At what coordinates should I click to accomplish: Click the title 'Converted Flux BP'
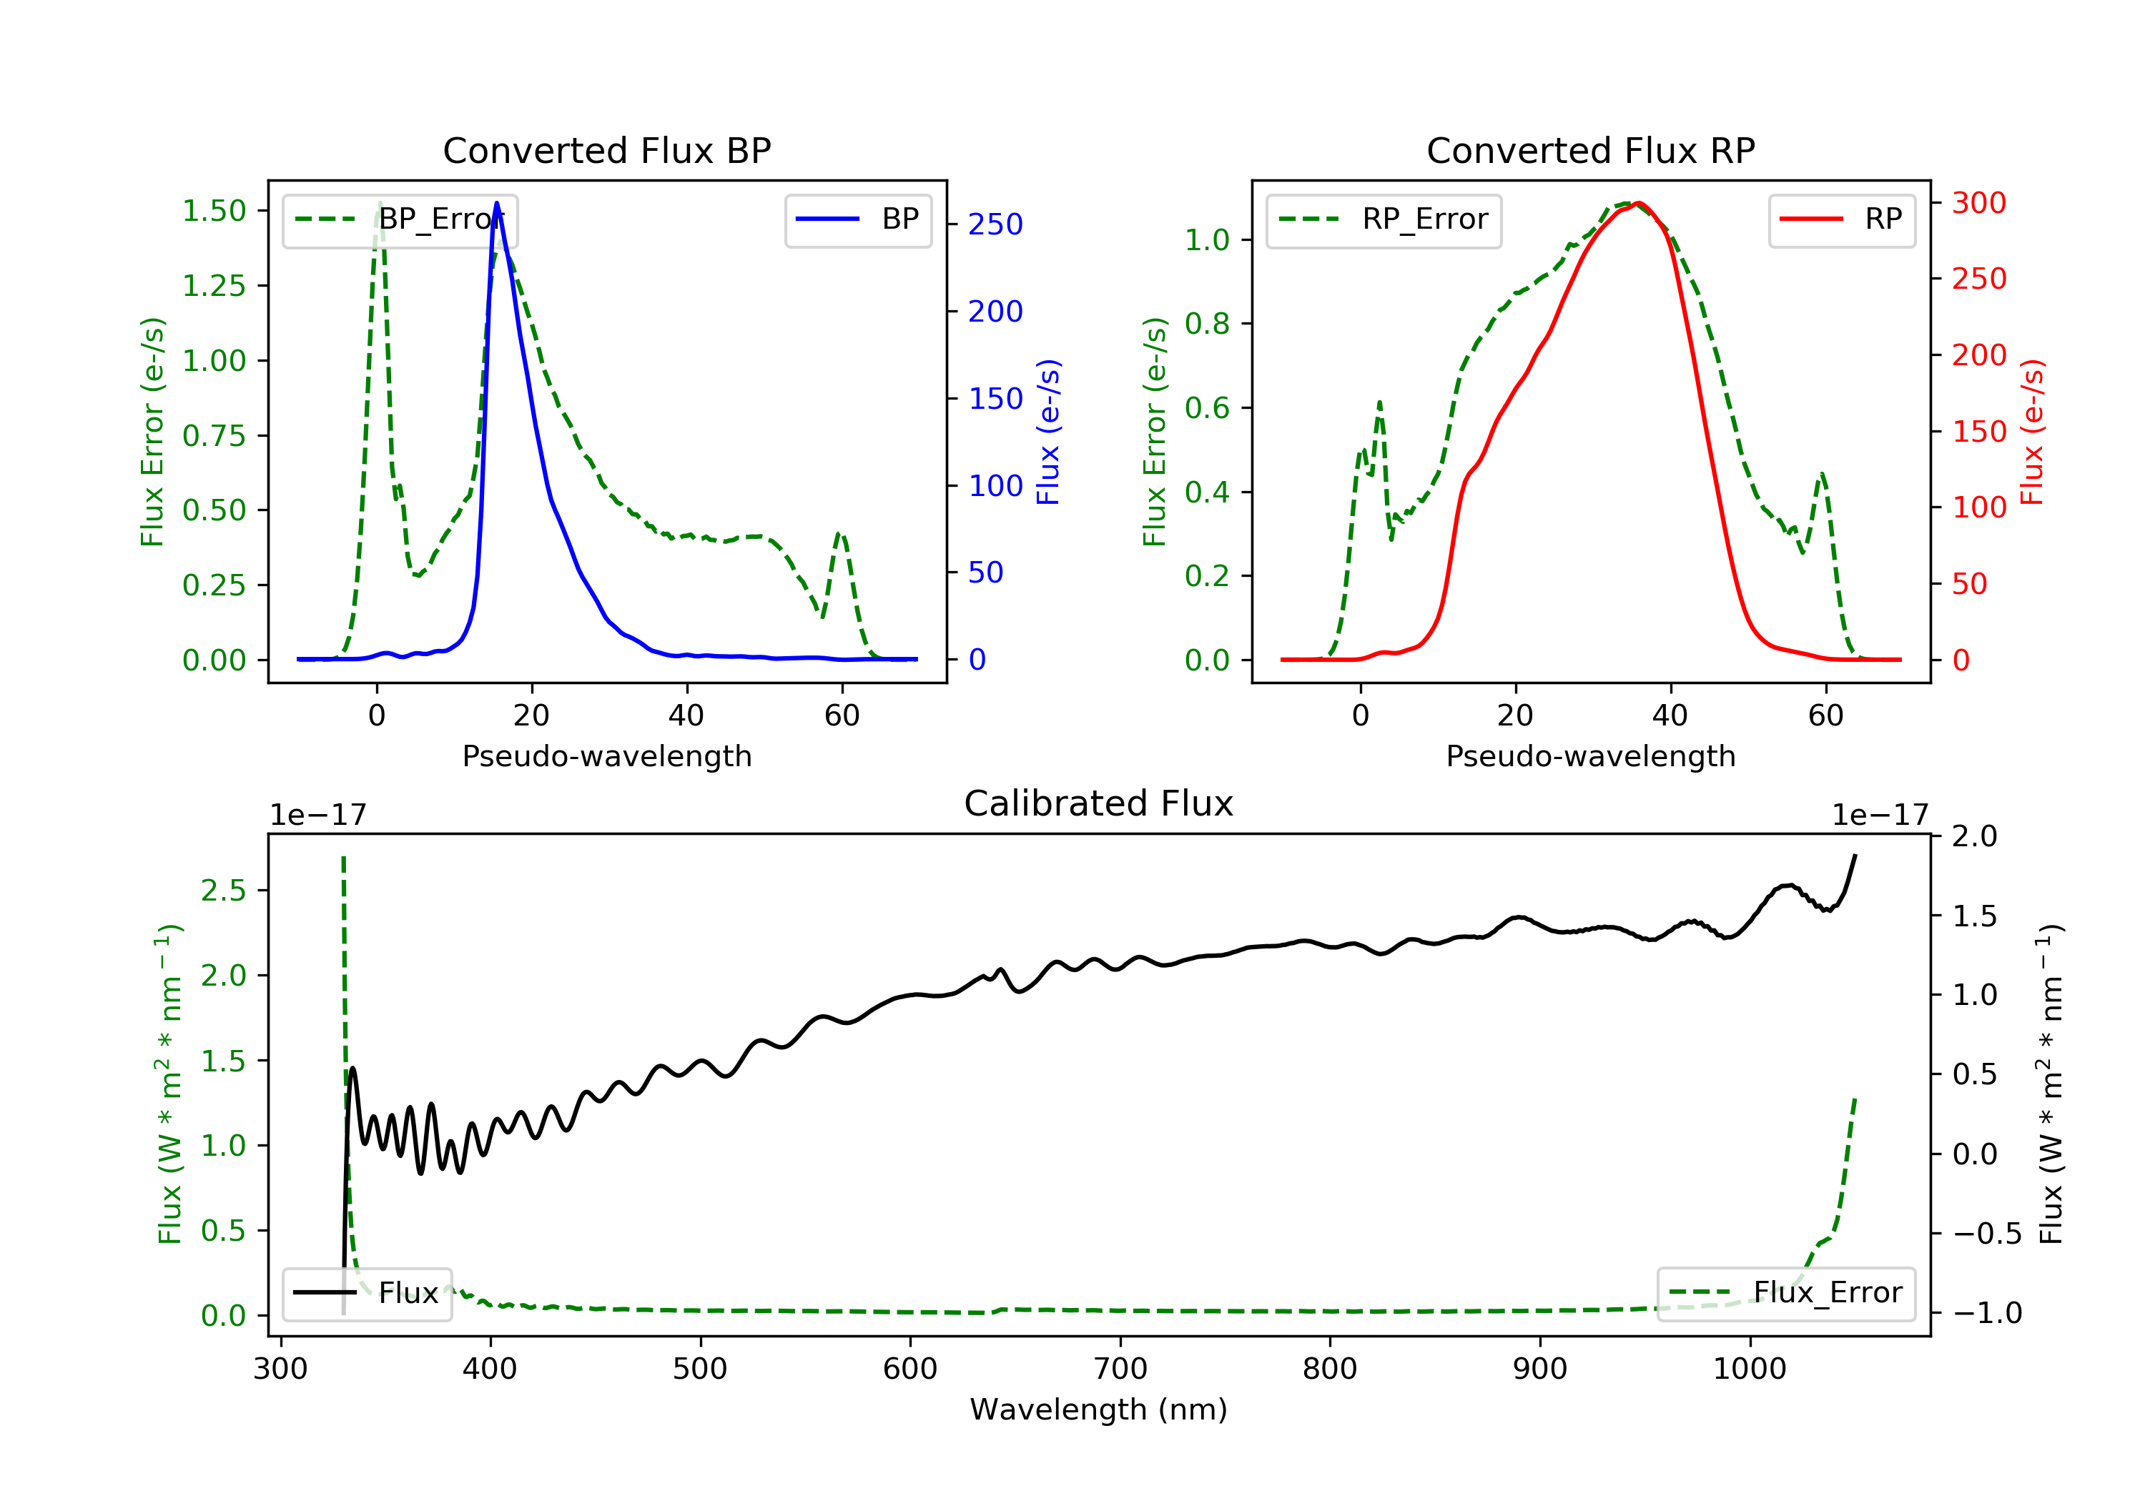pos(606,150)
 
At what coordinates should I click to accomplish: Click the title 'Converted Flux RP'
pos(1590,150)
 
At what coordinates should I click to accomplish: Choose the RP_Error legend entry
pos(1383,219)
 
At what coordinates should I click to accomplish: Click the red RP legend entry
pos(1841,219)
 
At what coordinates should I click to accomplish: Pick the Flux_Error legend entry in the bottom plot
pos(1785,1293)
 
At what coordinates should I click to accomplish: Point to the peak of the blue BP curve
pos(496,203)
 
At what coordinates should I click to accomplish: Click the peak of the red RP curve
pos(1639,203)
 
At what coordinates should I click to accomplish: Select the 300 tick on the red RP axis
pos(1978,203)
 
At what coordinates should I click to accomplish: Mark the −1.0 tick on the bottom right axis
pos(1986,1313)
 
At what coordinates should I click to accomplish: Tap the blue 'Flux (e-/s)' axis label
pos(1048,432)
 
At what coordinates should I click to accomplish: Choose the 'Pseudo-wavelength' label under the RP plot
pos(1590,756)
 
